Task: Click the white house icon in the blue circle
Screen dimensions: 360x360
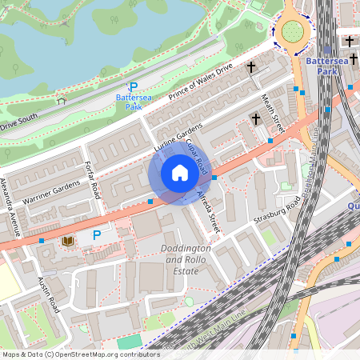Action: tap(180, 172)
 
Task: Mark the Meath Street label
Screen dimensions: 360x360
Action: tap(274, 112)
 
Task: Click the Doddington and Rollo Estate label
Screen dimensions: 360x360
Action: tap(186, 259)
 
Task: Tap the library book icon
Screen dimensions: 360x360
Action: tap(67, 241)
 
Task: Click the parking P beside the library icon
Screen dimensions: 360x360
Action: tap(97, 235)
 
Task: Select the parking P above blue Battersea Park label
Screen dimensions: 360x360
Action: tap(134, 87)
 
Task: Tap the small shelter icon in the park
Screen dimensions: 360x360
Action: tap(61, 101)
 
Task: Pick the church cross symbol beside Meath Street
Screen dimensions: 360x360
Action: tap(256, 119)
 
